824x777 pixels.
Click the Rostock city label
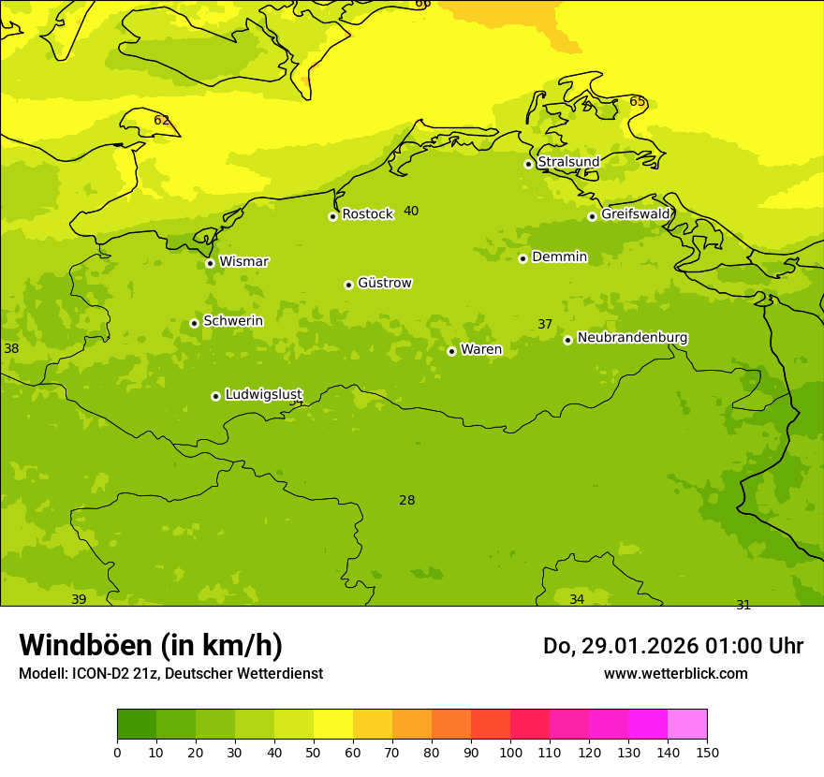(367, 214)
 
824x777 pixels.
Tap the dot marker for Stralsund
(528, 164)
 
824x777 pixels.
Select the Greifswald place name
(635, 214)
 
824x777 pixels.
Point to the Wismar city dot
(210, 263)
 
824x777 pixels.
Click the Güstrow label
(384, 283)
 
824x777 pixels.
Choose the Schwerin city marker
(194, 323)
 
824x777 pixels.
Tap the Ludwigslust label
(263, 394)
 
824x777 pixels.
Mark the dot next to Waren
(451, 351)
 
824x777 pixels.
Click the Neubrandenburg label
(632, 337)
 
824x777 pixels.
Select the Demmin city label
(559, 257)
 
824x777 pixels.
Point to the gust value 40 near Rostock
(411, 212)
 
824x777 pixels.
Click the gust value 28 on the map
(406, 501)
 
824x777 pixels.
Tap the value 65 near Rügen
(637, 101)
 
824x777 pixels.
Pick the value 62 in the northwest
(161, 121)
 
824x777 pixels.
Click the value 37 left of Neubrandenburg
(545, 325)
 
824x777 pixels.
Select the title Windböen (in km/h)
(151, 645)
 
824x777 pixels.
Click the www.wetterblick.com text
(675, 673)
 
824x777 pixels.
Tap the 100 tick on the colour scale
(510, 751)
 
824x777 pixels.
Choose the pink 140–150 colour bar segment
(687, 725)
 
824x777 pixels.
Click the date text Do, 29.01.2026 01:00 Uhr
(672, 646)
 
